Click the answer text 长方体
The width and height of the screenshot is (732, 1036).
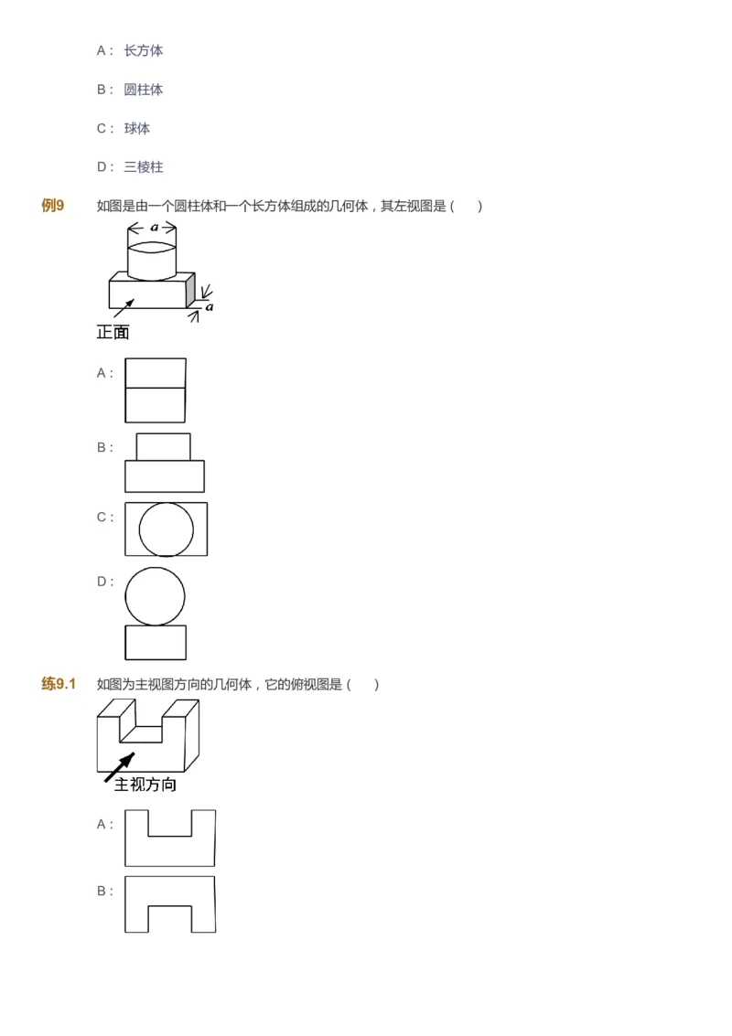point(144,51)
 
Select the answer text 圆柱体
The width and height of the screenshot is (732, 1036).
point(144,90)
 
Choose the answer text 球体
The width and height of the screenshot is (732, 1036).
point(137,129)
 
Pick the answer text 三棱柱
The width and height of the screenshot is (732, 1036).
point(144,167)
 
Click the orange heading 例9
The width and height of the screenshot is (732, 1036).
point(53,206)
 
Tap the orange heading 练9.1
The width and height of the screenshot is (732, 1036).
point(59,684)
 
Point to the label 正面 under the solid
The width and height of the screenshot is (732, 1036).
point(113,333)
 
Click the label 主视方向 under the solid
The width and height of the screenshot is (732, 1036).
point(145,785)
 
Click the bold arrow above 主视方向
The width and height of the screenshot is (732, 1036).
point(120,766)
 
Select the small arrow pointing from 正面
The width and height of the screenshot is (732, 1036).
point(124,308)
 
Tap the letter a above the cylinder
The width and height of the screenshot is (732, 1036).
point(154,226)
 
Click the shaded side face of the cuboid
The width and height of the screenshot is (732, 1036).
point(190,291)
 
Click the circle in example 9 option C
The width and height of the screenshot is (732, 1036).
point(167,529)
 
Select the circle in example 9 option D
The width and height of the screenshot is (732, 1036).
point(155,596)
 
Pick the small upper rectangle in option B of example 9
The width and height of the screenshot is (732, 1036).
point(164,446)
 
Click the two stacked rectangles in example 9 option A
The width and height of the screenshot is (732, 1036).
point(156,390)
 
